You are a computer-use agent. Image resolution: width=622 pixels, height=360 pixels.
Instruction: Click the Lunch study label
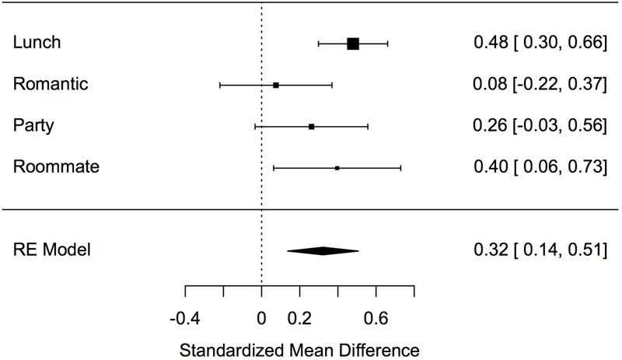(x=36, y=44)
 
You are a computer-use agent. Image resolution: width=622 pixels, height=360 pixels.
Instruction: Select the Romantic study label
(x=50, y=84)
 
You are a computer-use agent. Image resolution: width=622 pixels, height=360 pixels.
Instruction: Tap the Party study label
(x=33, y=125)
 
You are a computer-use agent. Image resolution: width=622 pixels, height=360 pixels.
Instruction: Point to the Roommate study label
(x=56, y=166)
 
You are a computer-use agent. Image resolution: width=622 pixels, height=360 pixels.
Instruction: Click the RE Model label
(x=52, y=250)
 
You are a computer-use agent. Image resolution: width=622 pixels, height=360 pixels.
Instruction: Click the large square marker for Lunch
(x=353, y=44)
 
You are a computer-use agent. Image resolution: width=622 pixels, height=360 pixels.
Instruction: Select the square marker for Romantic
(x=276, y=85)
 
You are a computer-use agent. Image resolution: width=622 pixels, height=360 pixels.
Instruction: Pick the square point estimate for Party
(x=311, y=126)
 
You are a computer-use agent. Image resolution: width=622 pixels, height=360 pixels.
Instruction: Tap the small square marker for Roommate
(x=337, y=167)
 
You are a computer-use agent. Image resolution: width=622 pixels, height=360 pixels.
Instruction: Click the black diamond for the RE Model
(x=323, y=250)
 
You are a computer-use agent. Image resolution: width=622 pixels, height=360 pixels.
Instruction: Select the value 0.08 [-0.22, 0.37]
(x=540, y=84)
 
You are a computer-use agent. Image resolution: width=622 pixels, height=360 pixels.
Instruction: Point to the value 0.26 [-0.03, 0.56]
(x=540, y=125)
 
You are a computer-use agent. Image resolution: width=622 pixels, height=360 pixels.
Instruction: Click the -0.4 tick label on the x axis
(x=185, y=317)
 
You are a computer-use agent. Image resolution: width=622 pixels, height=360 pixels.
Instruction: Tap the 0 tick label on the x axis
(x=261, y=317)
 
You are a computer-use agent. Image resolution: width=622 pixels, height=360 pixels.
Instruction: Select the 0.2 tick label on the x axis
(x=299, y=317)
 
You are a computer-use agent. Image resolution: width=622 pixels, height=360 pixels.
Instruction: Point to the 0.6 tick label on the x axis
(x=376, y=317)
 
